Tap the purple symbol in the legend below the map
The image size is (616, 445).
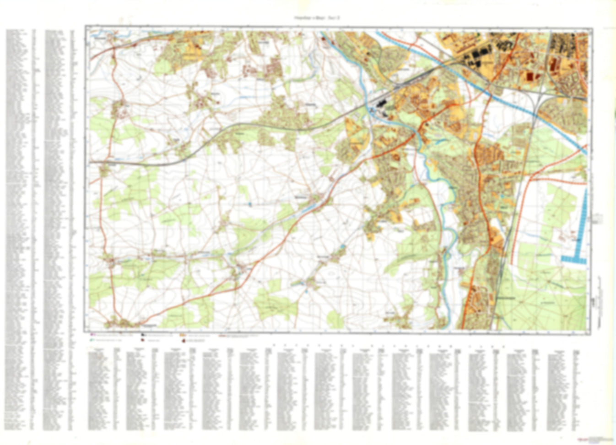92,336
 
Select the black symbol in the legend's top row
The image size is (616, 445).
143,336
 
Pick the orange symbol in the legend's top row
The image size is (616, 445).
183,336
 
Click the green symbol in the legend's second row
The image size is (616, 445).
92,341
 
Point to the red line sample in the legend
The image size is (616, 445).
223,336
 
